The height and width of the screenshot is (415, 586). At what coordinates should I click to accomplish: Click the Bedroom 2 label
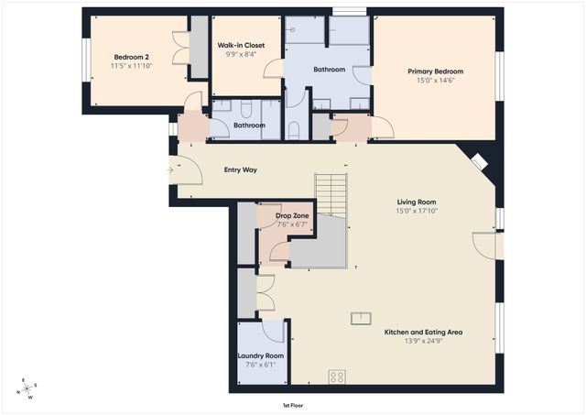pyautogui.click(x=131, y=57)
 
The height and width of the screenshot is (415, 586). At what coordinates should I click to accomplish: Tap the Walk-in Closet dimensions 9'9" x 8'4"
pyautogui.click(x=241, y=54)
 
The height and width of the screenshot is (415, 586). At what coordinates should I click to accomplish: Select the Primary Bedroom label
pyautogui.click(x=436, y=71)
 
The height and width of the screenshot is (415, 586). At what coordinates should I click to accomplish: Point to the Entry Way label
pyautogui.click(x=240, y=169)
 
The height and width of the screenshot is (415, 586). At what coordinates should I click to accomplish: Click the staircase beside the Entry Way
pyautogui.click(x=331, y=195)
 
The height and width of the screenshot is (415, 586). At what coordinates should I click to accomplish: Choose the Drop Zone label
pyautogui.click(x=292, y=215)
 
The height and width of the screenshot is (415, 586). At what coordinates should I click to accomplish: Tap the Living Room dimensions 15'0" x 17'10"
pyautogui.click(x=417, y=211)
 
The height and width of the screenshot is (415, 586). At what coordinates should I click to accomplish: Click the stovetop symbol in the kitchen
pyautogui.click(x=337, y=377)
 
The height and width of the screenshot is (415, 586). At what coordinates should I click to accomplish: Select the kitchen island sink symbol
pyautogui.click(x=361, y=318)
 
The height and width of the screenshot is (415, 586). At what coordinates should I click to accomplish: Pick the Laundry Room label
pyautogui.click(x=260, y=355)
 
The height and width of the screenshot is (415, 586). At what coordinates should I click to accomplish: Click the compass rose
pyautogui.click(x=27, y=388)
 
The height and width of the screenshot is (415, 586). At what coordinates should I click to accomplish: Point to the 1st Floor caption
pyautogui.click(x=293, y=405)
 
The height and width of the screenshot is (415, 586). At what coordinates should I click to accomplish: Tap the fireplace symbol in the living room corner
pyautogui.click(x=479, y=161)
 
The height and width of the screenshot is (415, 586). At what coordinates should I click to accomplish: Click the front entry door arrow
pyautogui.click(x=170, y=170)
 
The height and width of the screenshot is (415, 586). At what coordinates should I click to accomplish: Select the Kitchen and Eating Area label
pyautogui.click(x=423, y=332)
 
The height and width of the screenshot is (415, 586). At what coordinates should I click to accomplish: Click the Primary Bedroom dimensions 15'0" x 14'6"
pyautogui.click(x=436, y=80)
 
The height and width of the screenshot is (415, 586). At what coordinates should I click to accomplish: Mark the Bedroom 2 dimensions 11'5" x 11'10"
pyautogui.click(x=131, y=66)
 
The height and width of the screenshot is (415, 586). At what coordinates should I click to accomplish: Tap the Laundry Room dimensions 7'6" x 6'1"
pyautogui.click(x=260, y=365)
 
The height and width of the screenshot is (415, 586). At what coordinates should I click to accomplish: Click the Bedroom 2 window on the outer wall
pyautogui.click(x=86, y=60)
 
